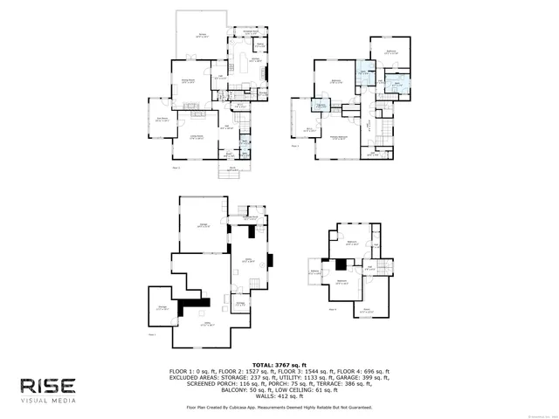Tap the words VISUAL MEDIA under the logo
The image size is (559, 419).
[48, 401]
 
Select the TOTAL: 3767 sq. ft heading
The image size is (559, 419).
[279, 364]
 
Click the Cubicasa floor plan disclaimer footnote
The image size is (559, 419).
[279, 407]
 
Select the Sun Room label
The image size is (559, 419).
[161, 120]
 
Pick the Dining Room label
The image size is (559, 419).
[188, 81]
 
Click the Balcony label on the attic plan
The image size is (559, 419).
[314, 271]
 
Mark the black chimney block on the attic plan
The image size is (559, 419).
[341, 264]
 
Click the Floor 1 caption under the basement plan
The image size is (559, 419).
[152, 334]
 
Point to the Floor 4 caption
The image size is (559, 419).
[333, 309]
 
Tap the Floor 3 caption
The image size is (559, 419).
[295, 147]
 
